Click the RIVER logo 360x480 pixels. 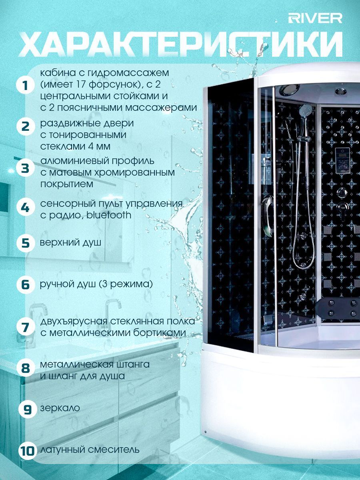315,18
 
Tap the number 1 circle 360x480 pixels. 25,86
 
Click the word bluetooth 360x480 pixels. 109,215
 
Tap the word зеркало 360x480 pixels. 60,408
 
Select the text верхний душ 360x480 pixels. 70,243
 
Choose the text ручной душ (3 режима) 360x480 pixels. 96,284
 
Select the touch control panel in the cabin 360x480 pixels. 342,160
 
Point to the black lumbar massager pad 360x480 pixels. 341,308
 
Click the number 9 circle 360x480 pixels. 27,409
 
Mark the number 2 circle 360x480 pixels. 26,126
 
